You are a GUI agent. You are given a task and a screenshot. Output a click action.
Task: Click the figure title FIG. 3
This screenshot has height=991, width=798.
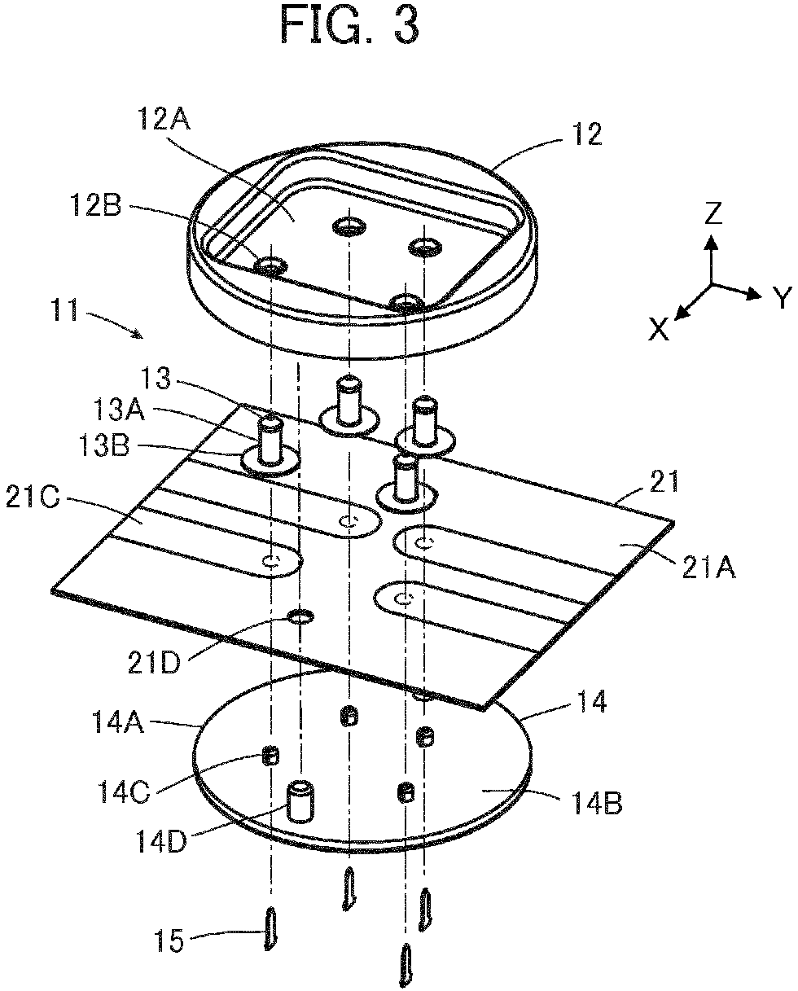coord(350,25)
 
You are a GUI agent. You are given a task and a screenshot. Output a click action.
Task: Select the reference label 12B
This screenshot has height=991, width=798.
coord(96,205)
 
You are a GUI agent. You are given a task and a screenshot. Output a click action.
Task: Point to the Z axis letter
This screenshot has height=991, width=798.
coord(713,213)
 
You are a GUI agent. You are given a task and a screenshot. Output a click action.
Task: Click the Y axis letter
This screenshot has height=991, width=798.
coord(783,297)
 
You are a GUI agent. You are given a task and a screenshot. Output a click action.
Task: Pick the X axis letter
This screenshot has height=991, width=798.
coord(659,330)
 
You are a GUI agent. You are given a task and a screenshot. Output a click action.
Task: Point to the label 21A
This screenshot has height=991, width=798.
coord(709,567)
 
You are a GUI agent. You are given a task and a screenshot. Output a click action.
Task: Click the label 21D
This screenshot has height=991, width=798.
coord(154,663)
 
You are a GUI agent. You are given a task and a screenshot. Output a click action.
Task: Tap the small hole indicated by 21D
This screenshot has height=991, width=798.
coord(300,616)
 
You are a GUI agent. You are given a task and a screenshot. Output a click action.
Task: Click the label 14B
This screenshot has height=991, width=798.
coord(598,803)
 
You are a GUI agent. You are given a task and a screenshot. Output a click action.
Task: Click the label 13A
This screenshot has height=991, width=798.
coord(119,410)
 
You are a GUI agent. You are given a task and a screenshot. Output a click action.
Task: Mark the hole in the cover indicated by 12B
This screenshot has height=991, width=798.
coord(271,265)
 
